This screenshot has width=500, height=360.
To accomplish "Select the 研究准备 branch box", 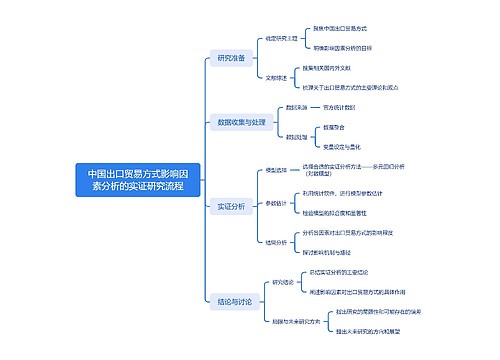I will (231, 58).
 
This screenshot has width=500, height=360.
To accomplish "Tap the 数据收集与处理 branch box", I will (241, 122).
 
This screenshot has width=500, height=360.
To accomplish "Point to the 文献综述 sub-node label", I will (277, 77).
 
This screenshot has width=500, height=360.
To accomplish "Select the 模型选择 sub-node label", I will (276, 170).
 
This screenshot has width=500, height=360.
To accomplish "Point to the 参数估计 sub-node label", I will (277, 203).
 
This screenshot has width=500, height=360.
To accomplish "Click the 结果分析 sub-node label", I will (277, 241).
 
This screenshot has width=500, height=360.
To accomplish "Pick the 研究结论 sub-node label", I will (283, 282).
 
